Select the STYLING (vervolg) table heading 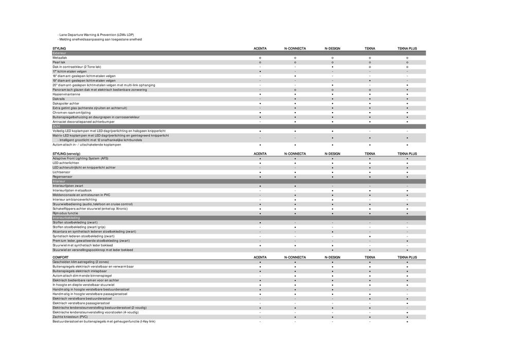(x=66, y=154)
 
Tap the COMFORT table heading (x=61, y=257)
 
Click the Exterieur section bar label (x=60, y=53)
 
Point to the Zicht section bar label (x=57, y=126)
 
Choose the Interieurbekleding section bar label (x=66, y=218)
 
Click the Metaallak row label (x=60, y=58)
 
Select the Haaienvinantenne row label (x=66, y=94)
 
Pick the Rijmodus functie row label (x=65, y=213)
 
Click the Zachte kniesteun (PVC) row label (x=70, y=317)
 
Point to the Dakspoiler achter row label (x=66, y=103)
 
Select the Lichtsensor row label (x=61, y=172)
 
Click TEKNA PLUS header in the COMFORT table (x=407, y=257)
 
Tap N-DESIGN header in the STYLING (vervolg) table (x=332, y=154)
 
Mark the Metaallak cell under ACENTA (x=260, y=58)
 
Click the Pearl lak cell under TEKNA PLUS (x=407, y=62)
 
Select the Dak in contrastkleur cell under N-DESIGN (x=332, y=67)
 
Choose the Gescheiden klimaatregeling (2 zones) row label (x=81, y=262)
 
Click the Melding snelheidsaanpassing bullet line (x=100, y=40)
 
